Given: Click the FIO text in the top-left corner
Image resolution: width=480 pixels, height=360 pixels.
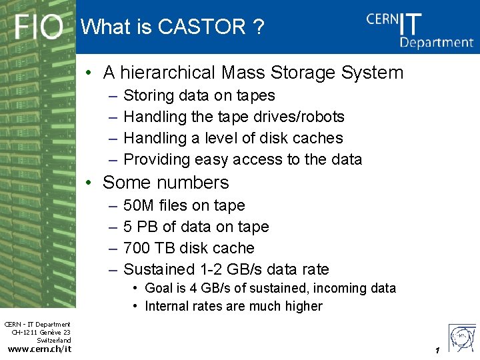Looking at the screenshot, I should point(39,27).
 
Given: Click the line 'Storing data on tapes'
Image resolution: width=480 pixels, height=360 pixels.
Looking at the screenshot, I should point(199,96).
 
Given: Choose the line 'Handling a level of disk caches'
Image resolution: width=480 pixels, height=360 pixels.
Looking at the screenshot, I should point(233,139).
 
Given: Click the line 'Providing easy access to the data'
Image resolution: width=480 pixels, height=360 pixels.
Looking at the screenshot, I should point(243,160).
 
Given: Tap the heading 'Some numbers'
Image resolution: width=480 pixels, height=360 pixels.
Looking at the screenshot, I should point(165,183).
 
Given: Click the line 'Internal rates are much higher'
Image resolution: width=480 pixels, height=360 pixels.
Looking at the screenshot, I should point(233,307).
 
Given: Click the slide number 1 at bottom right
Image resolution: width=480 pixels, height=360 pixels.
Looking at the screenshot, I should point(437,351).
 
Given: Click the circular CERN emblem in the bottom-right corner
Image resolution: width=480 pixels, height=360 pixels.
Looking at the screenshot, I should point(461,336).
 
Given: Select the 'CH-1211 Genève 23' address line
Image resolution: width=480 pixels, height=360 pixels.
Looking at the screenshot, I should point(41,333).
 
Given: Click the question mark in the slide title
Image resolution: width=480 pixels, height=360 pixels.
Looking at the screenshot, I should point(258,27).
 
